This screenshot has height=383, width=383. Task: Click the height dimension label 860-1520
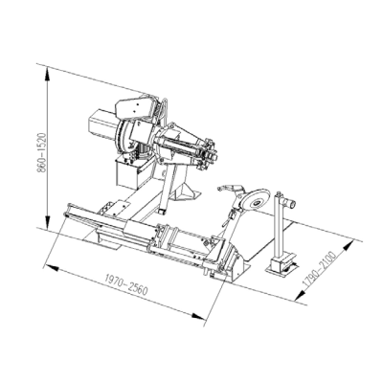point(42,152)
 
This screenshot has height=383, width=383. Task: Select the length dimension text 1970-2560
point(126,285)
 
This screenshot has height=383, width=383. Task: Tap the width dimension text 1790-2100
point(319,269)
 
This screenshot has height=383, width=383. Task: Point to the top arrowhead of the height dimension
point(47,73)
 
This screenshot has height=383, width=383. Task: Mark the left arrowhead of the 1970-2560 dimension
point(52,267)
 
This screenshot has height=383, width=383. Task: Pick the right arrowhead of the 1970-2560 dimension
point(198,316)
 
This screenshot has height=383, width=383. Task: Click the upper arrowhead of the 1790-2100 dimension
point(349,246)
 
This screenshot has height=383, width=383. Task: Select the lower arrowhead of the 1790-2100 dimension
point(300,295)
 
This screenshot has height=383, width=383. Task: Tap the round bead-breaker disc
point(257,202)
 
